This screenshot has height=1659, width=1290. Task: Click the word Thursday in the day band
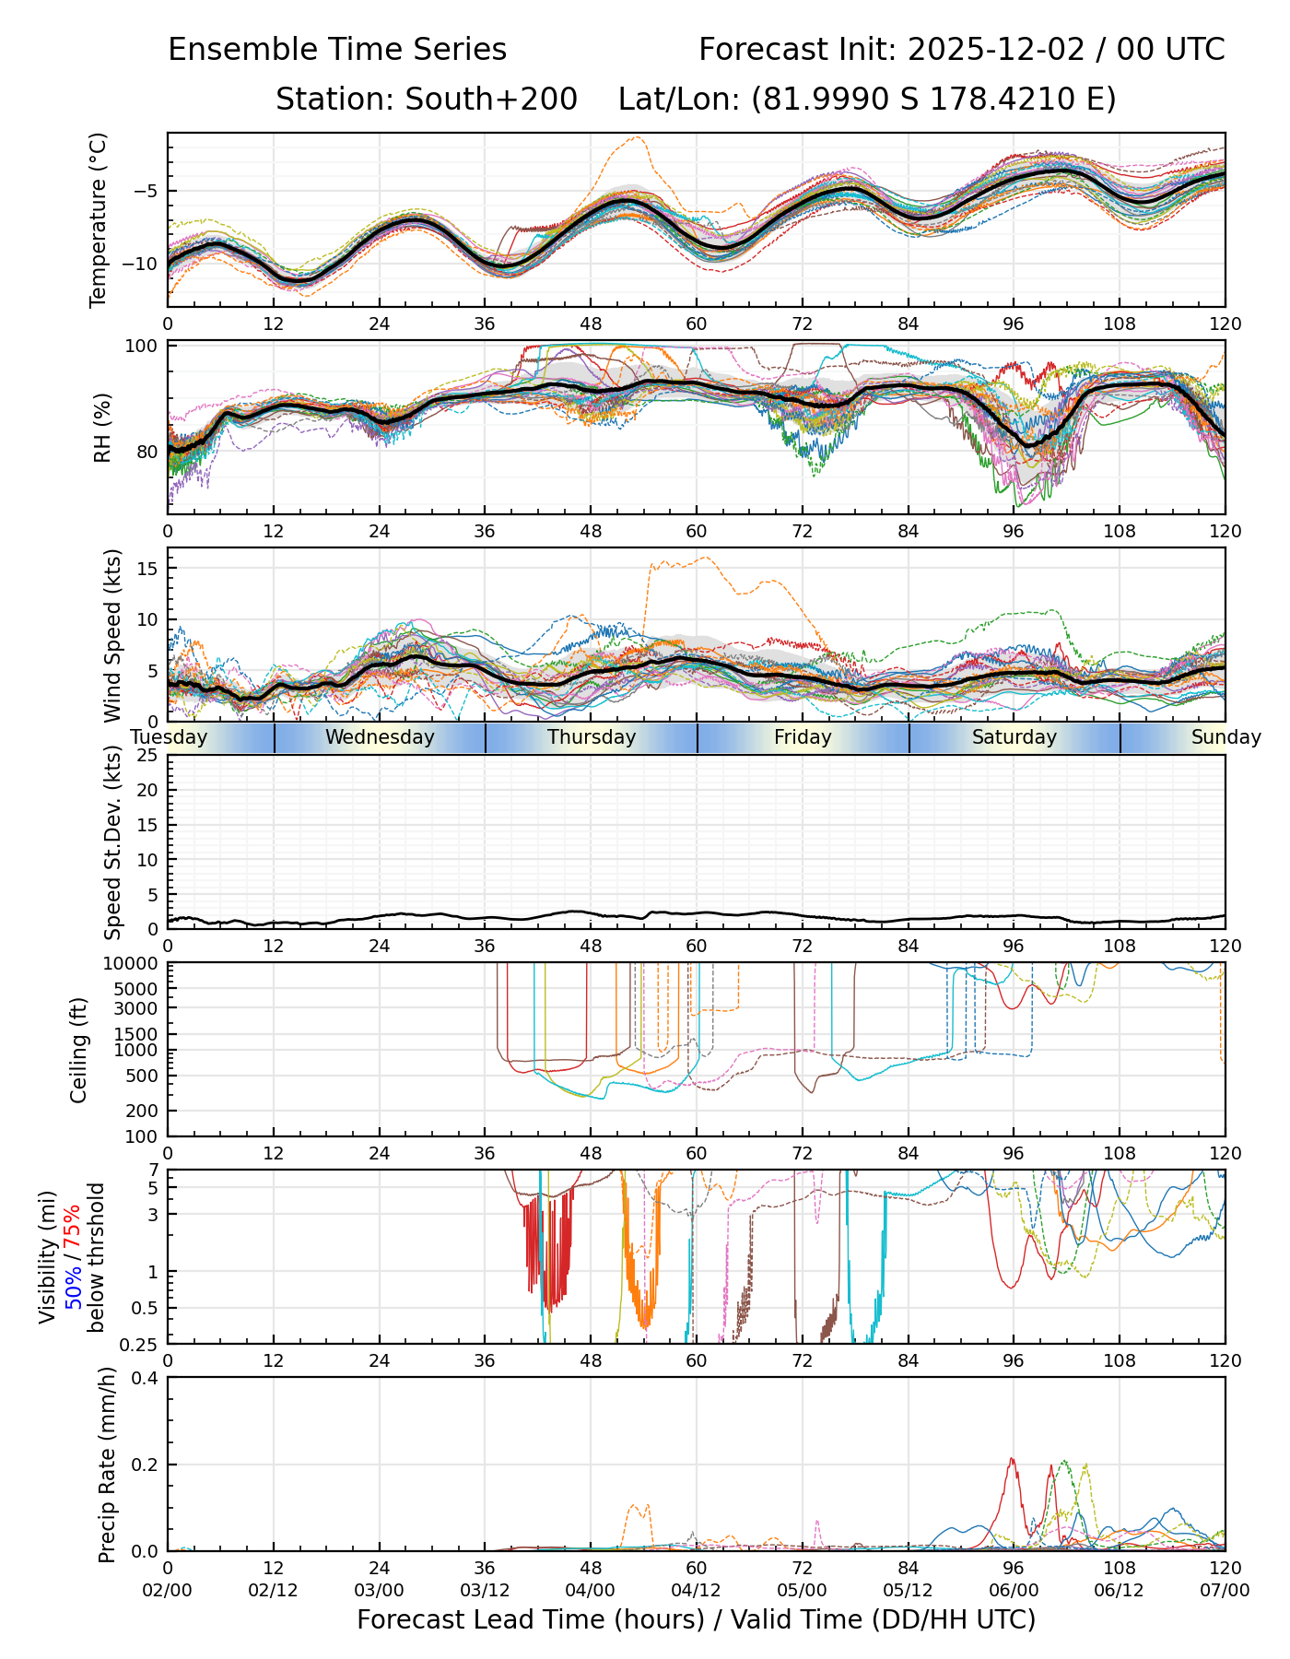tap(592, 737)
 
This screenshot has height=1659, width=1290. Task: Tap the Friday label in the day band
tap(803, 737)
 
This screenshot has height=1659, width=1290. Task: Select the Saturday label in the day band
tap(1014, 737)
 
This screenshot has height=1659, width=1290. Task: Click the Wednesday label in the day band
tap(380, 737)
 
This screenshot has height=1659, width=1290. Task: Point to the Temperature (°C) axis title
tap(99, 219)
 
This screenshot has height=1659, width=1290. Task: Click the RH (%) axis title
tap(102, 428)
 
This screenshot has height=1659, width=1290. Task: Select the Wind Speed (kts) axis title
tap(112, 635)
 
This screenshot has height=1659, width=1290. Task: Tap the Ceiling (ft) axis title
tap(79, 1050)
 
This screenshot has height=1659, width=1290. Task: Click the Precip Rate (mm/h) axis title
tap(108, 1465)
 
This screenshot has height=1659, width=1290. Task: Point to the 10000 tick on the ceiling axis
tap(134, 964)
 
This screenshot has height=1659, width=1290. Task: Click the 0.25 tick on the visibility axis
tap(139, 1343)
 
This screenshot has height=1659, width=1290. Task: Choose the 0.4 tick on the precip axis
tap(146, 1378)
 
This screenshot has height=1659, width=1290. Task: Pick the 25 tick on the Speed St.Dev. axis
tap(147, 756)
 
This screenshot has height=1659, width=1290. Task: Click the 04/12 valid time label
tap(696, 1591)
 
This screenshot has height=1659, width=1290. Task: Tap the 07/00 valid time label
tap(1225, 1591)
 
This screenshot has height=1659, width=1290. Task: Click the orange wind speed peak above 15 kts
tap(706, 557)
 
